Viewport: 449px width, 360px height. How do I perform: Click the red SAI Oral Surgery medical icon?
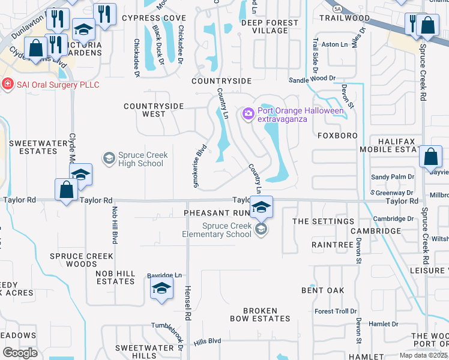tap(7, 85)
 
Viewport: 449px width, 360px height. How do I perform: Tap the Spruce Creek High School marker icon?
tap(109, 158)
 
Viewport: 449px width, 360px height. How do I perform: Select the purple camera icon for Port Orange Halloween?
tap(248, 113)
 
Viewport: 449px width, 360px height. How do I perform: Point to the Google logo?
tap(20, 353)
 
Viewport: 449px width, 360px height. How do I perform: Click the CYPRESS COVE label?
tap(154, 18)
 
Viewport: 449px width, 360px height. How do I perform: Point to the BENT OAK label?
tap(323, 290)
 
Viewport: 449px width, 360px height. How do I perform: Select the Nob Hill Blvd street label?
tap(114, 224)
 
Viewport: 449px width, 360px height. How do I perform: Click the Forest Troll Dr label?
tap(336, 311)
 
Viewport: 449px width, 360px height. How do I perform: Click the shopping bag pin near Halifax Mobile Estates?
tap(431, 157)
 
